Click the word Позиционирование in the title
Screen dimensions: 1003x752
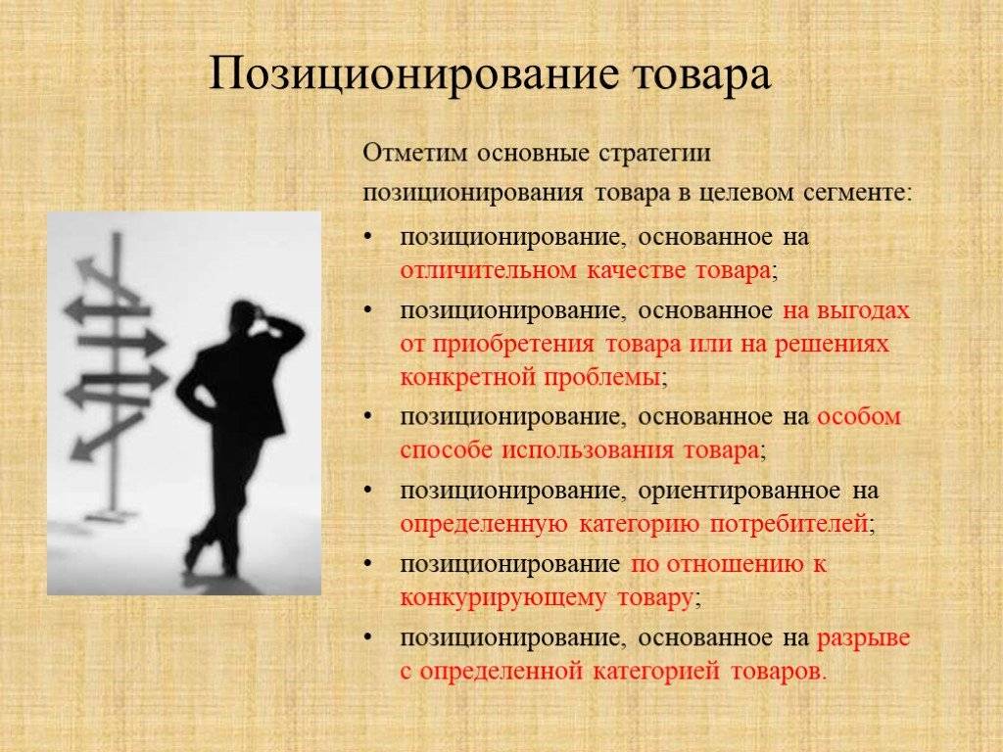click(x=413, y=75)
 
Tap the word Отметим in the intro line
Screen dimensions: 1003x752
click(x=415, y=154)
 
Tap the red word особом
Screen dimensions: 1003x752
click(x=859, y=417)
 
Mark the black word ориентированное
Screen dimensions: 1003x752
click(x=739, y=492)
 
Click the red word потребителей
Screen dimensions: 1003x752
click(x=788, y=525)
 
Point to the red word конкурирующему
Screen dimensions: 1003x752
click(x=502, y=598)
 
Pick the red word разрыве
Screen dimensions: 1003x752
click(x=864, y=638)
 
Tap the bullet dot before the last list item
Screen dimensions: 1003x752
click(x=367, y=637)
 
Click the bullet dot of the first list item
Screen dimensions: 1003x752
click(x=367, y=237)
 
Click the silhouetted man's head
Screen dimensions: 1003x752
click(x=245, y=316)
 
